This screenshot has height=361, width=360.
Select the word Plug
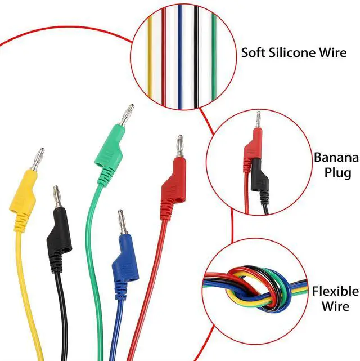[336, 172]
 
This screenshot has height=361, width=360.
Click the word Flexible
[335, 291]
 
